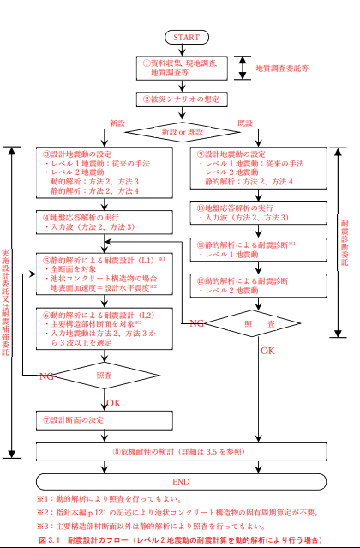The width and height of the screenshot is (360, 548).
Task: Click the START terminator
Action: [186, 37]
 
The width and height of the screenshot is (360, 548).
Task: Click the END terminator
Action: [180, 481]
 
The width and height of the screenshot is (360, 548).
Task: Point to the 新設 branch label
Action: [118, 123]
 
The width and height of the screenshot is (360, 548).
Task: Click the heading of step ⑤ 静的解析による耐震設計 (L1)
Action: [99, 258]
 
